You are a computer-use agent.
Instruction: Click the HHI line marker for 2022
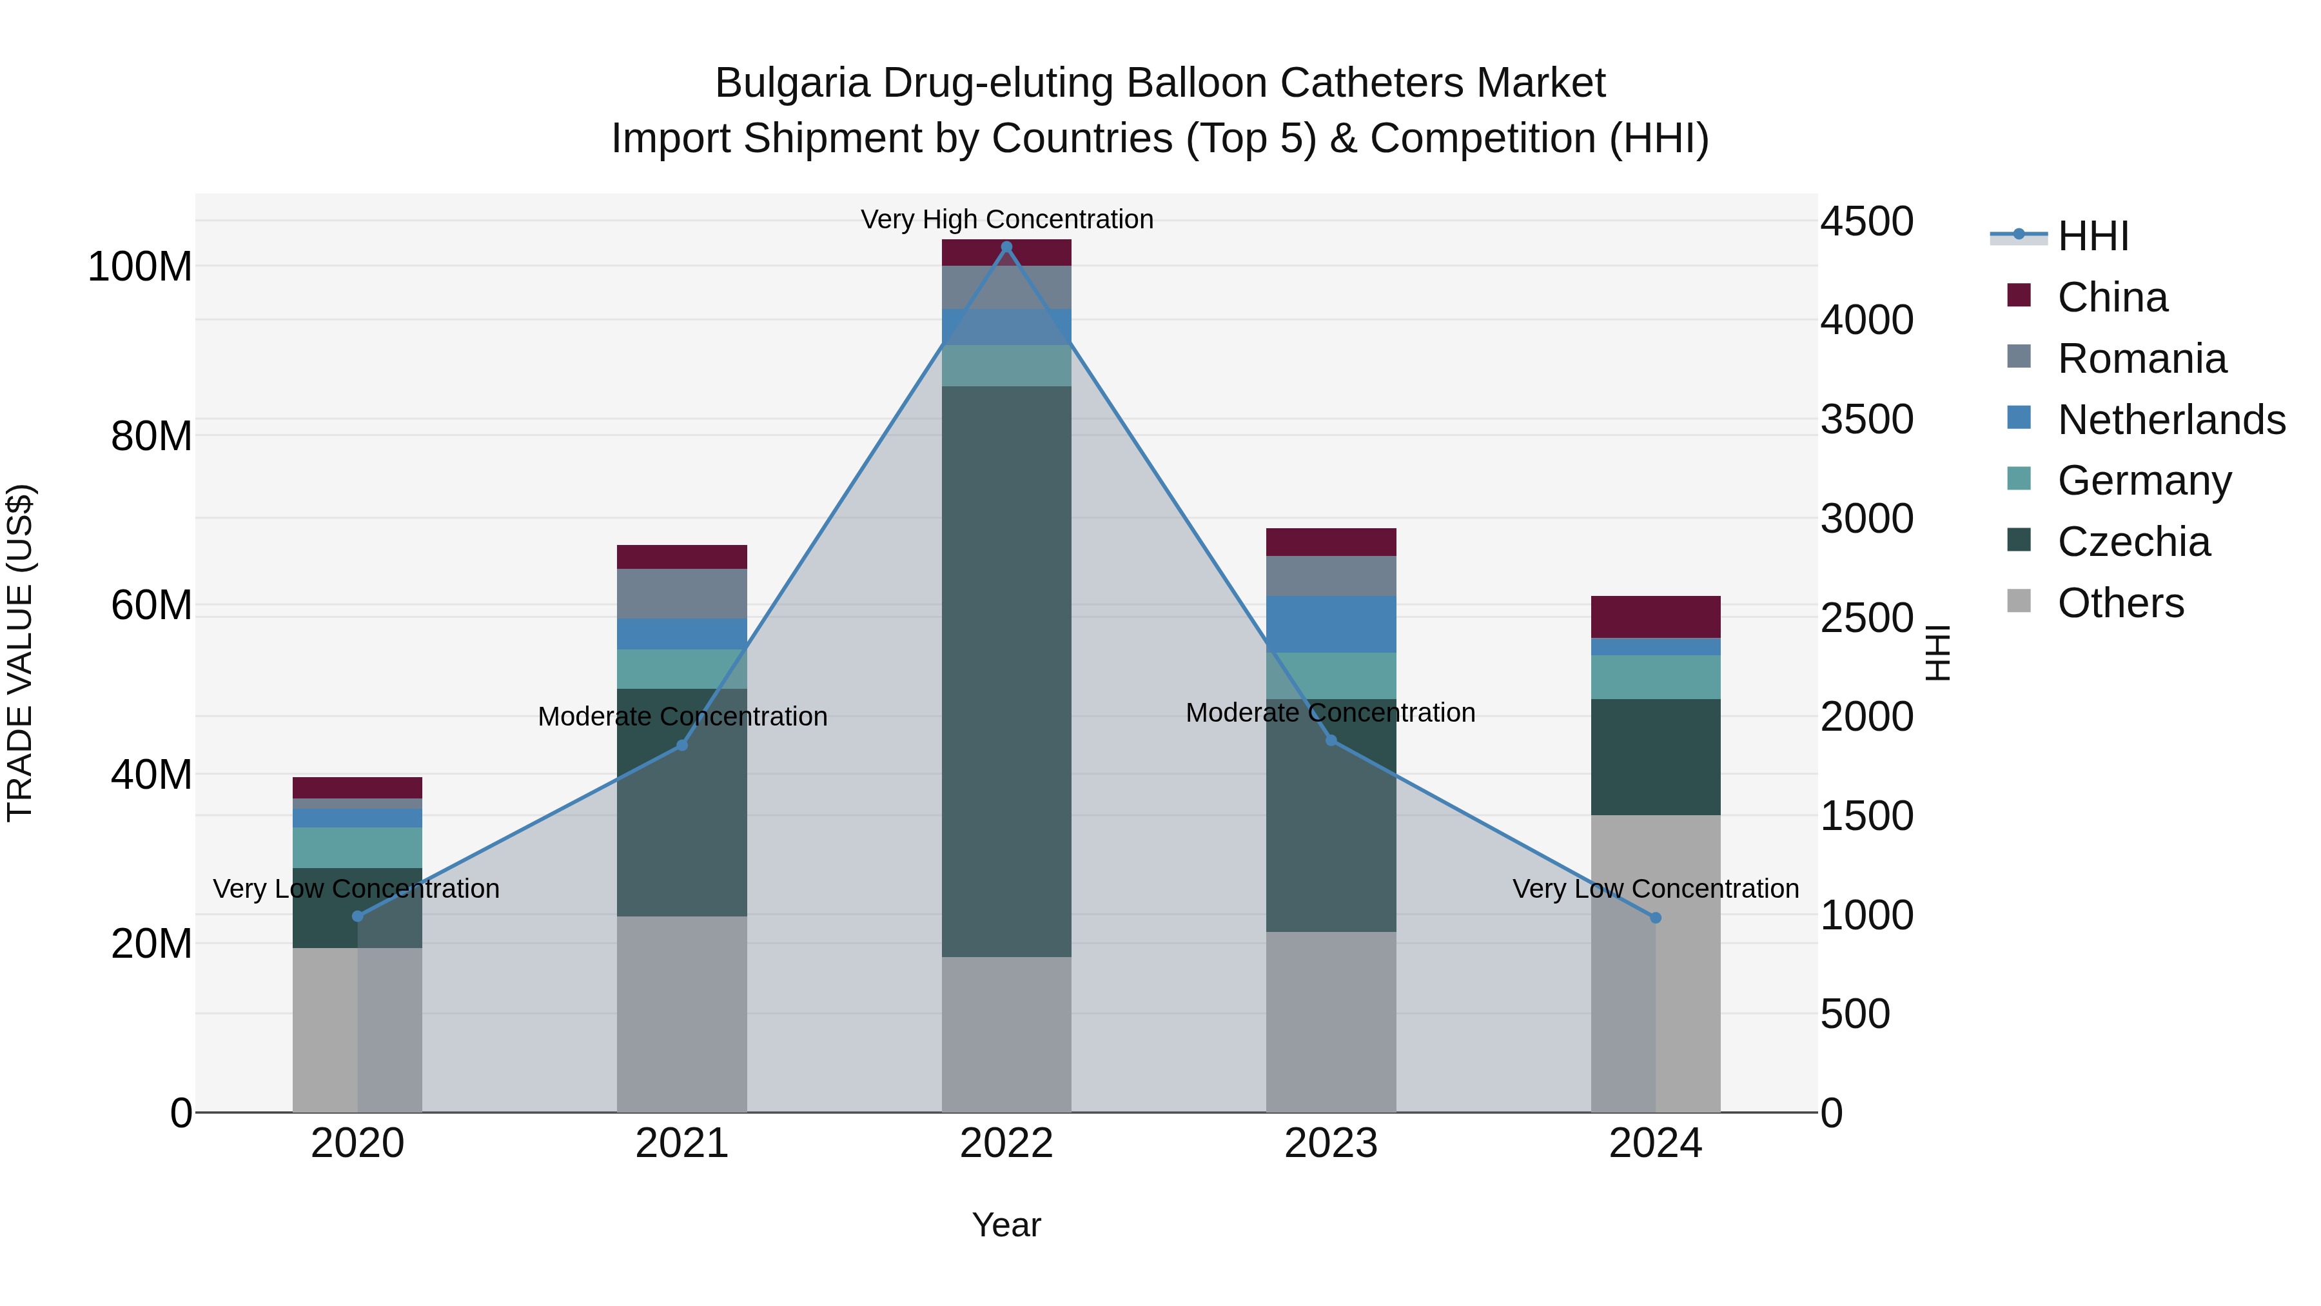1006,247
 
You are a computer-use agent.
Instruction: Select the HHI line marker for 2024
1655,918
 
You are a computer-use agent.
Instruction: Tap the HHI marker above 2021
682,746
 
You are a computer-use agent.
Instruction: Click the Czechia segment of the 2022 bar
1006,671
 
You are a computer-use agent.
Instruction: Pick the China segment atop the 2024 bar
1655,617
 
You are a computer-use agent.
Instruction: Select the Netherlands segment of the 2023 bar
1331,624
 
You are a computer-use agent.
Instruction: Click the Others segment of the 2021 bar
682,1014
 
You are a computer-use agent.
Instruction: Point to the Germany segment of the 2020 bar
358,847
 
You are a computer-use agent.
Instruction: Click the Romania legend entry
2140,359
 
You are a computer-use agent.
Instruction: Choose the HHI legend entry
2092,236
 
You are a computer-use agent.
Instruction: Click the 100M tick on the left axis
140,267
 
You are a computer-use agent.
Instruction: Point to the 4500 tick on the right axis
1867,222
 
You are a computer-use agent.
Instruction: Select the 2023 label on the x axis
1331,1143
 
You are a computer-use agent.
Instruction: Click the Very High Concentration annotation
1006,219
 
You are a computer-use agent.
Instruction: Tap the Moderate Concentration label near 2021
682,717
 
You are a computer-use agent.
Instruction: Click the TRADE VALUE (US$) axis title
21,653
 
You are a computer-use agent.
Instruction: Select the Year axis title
1006,1225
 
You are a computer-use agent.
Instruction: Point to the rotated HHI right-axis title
1937,653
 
